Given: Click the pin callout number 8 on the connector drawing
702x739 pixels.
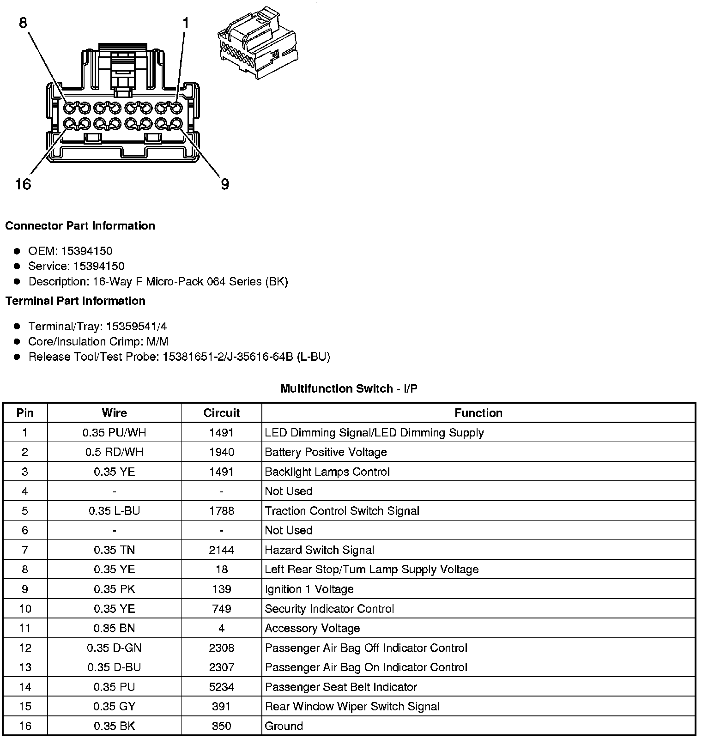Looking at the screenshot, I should (x=23, y=23).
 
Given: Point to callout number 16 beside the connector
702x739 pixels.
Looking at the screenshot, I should (x=23, y=184).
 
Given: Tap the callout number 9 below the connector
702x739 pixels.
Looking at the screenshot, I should (x=225, y=184).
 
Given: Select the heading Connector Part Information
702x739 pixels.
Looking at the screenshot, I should (x=80, y=226).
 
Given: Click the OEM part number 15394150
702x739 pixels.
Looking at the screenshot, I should (x=87, y=251).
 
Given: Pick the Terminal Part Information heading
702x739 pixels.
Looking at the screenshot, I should (x=75, y=301).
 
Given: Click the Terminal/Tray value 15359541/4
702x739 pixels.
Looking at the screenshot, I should (x=136, y=327).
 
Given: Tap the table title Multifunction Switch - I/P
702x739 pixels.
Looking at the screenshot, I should (x=349, y=389).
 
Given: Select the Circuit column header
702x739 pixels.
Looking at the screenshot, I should (x=222, y=413).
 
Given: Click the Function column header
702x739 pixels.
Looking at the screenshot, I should (x=478, y=413).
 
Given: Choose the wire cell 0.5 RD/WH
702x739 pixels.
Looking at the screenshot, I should (x=114, y=452).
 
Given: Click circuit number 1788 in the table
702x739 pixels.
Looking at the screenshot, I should (x=222, y=511).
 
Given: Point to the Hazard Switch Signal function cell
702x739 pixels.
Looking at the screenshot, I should (x=319, y=550).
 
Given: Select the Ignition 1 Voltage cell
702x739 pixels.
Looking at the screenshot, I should (x=309, y=589).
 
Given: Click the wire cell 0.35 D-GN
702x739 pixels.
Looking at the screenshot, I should (x=114, y=648).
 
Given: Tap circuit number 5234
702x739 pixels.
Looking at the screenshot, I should (x=222, y=687).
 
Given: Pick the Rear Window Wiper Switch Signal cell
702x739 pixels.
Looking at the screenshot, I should (x=352, y=707).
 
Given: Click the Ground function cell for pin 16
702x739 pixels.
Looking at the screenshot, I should (x=284, y=726).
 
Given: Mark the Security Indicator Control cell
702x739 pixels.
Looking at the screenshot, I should (x=329, y=609).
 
